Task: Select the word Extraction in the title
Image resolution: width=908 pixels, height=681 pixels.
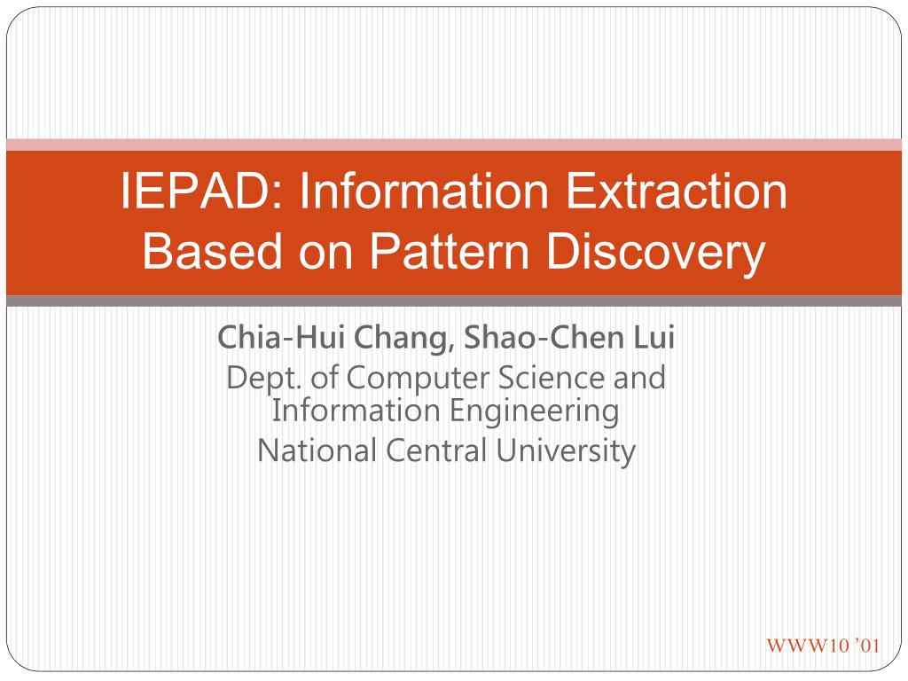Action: (676, 192)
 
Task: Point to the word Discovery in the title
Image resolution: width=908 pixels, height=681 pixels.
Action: (655, 254)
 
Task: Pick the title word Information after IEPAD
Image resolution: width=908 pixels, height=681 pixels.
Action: (424, 192)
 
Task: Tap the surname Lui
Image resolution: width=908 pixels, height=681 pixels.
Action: (654, 337)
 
